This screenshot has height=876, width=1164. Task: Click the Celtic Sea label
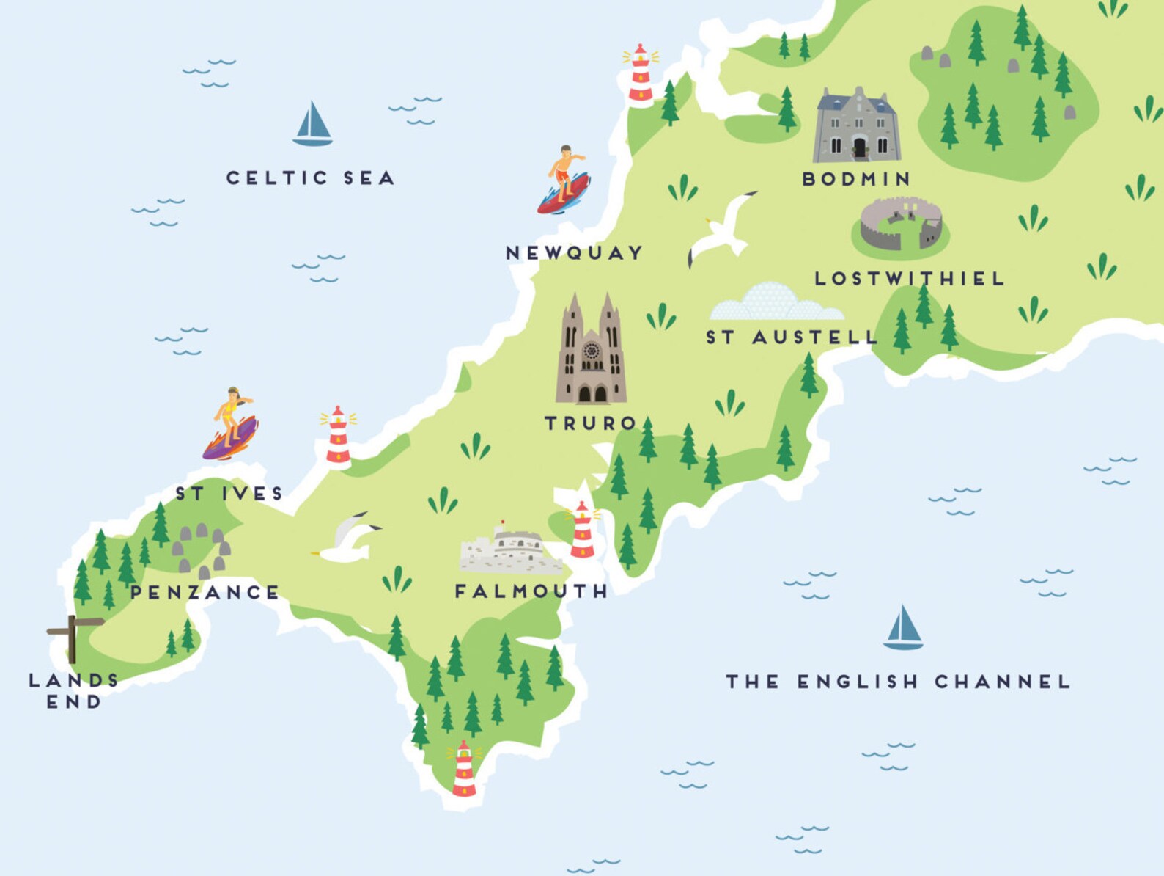coord(310,178)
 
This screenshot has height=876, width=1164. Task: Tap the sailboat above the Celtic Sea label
coord(313,125)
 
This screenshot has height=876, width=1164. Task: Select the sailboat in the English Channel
coord(903,629)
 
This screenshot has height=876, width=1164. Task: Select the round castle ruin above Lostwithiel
coord(901,225)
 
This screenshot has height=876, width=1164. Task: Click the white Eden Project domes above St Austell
coord(777,303)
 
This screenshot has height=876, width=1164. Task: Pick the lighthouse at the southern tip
coord(464,770)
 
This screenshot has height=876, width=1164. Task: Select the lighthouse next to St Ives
coord(338,437)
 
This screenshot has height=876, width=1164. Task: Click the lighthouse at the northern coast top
coord(640,74)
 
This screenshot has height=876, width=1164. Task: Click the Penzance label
coord(205,592)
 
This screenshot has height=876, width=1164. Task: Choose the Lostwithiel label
coord(909,279)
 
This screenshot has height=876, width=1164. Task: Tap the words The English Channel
coord(898,682)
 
